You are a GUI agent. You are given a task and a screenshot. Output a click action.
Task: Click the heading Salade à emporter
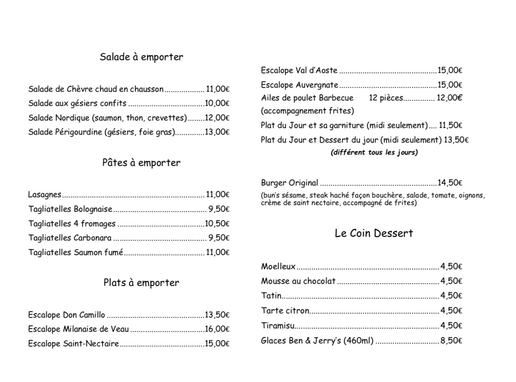click(141, 57)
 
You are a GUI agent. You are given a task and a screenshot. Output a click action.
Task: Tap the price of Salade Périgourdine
click(217, 132)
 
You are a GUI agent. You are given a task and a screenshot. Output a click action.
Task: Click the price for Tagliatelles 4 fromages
click(217, 224)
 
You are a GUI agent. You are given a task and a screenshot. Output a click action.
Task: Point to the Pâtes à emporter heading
click(141, 163)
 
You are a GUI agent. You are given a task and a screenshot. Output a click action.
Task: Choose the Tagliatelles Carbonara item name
click(70, 238)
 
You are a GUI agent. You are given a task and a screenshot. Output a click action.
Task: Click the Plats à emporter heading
click(141, 283)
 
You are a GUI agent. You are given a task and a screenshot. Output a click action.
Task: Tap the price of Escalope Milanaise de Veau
click(217, 330)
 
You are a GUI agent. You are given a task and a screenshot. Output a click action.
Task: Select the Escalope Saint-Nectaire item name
click(74, 344)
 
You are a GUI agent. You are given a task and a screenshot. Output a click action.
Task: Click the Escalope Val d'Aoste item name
click(299, 70)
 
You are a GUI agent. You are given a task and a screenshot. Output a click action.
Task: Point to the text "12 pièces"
click(385, 98)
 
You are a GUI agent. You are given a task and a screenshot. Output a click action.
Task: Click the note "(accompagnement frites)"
click(307, 111)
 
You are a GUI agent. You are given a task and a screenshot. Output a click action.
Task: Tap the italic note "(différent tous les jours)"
click(374, 152)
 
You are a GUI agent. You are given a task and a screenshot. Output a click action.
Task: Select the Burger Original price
click(450, 183)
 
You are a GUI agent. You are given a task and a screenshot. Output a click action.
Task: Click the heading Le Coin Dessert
click(374, 233)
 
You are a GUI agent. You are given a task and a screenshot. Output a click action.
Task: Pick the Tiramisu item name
click(278, 326)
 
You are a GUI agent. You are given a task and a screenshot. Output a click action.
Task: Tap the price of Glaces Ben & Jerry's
click(451, 341)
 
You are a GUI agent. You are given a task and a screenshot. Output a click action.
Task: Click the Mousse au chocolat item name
click(298, 281)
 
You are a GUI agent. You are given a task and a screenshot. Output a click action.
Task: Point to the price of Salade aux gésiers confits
click(217, 103)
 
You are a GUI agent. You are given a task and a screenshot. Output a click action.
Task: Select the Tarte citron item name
click(285, 311)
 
